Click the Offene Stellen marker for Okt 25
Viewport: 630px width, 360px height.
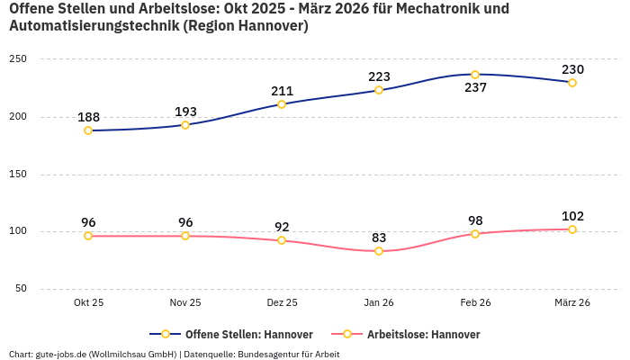88,130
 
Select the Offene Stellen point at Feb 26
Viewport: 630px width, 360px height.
475,75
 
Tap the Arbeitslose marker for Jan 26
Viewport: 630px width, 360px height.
379,251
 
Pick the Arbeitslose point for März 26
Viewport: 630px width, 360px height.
572,229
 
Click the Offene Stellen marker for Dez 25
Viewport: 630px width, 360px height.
282,104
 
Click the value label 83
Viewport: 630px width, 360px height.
379,238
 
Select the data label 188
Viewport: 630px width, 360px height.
88,117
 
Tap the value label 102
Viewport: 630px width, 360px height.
572,216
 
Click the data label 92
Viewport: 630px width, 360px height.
282,227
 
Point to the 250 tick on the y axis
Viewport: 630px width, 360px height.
18,59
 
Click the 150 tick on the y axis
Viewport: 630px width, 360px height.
18,175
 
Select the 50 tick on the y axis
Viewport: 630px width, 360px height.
21,289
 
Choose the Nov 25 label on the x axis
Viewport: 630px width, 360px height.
185,303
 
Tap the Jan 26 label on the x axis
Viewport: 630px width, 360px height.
379,303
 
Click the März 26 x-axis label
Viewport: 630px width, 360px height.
572,303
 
